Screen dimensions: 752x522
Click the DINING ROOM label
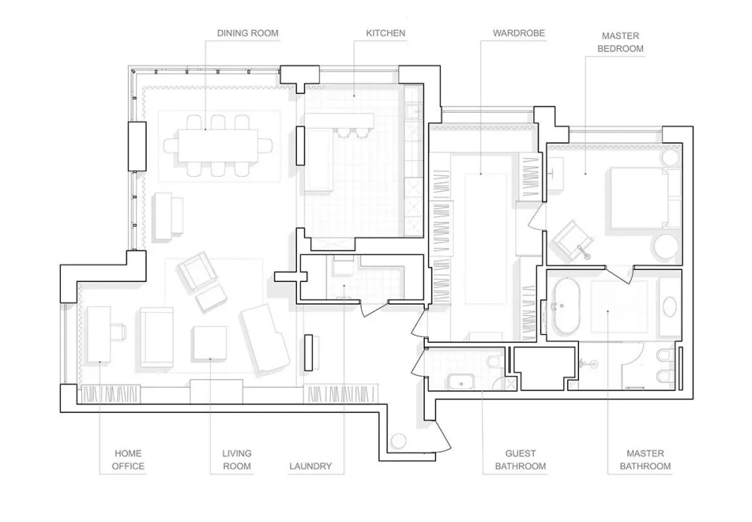click(247, 33)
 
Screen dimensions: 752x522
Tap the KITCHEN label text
click(386, 33)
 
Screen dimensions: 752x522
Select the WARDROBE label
click(519, 33)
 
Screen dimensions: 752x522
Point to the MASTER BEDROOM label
click(620, 42)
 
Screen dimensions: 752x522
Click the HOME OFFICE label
click(128, 460)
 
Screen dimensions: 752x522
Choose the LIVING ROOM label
click(237, 460)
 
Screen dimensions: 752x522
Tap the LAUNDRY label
click(311, 466)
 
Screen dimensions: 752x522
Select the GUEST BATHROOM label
click(520, 460)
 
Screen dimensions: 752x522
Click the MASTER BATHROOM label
click(645, 460)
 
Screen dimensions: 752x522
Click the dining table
click(218, 145)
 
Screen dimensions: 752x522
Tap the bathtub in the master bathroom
click(566, 306)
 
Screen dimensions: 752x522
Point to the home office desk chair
click(118, 332)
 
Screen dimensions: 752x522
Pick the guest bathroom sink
click(462, 382)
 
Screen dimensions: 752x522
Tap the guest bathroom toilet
click(493, 363)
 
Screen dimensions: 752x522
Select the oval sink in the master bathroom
click(670, 306)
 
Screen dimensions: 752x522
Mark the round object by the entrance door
click(399, 441)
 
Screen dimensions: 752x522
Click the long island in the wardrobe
click(485, 238)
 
